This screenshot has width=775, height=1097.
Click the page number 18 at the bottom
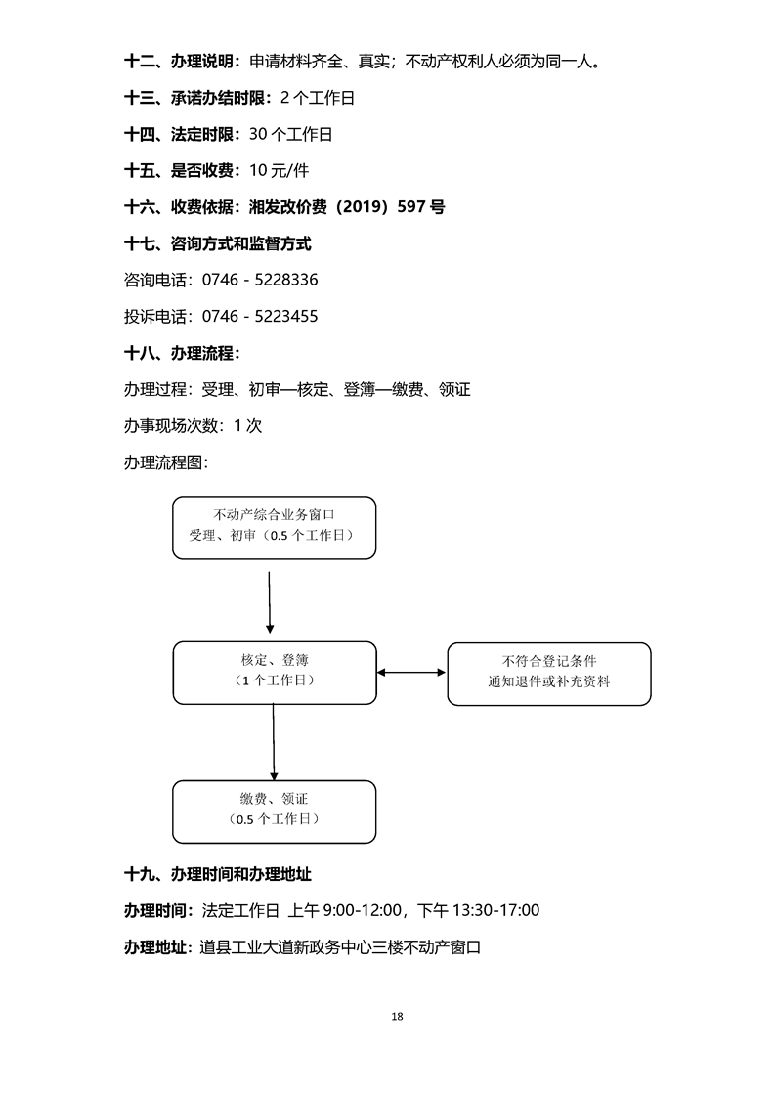(397, 1016)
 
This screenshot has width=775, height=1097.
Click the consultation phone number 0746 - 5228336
(260, 280)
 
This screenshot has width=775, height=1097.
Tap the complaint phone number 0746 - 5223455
(260, 316)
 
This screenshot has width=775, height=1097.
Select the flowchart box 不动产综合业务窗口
(274, 527)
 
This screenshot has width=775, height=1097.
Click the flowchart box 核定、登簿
(274, 672)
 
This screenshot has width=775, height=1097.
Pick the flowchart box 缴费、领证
(274, 811)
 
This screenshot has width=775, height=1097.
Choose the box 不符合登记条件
(548, 673)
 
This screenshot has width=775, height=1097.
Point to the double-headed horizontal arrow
(411, 672)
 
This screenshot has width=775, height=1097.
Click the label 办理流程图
(166, 461)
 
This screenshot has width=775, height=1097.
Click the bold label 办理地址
(157, 946)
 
